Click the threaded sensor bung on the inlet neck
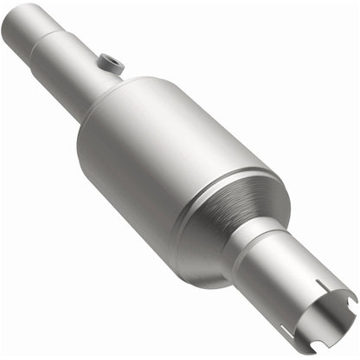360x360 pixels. (x=110, y=62)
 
